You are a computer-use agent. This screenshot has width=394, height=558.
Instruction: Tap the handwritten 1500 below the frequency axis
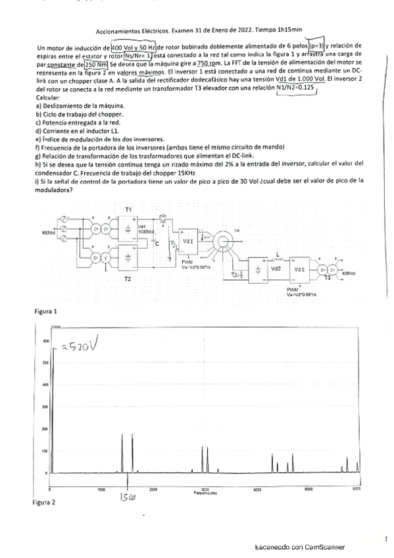127,498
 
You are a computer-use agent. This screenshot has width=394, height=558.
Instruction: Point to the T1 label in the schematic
128,209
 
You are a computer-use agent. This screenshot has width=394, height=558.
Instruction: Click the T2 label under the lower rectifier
128,278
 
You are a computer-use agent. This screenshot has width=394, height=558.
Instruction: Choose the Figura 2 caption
44,502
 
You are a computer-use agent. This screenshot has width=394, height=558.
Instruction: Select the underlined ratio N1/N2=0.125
296,86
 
